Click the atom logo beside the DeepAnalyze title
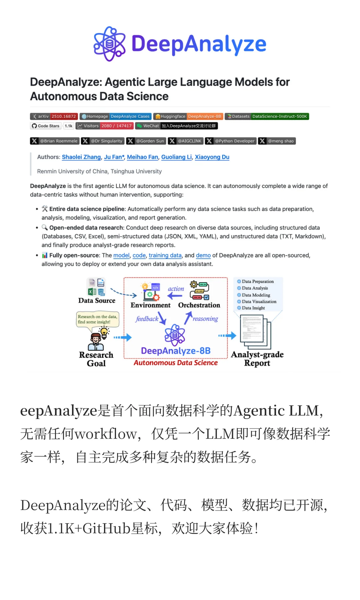point(109,44)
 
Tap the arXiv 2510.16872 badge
point(54,116)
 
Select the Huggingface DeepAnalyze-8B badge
point(188,116)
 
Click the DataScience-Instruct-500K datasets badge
point(267,116)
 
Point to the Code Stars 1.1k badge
point(52,126)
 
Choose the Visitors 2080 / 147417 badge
point(105,126)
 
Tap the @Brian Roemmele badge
point(55,141)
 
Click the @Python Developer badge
point(231,141)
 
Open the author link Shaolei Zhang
point(81,157)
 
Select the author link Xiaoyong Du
point(212,157)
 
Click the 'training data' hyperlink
point(165,255)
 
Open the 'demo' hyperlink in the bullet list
point(203,255)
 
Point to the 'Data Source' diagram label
point(97,300)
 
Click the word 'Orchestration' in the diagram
point(199,305)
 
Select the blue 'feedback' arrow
point(162,318)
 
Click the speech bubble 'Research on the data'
point(97,319)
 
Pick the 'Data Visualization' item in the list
point(259,302)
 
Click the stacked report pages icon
point(256,332)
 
